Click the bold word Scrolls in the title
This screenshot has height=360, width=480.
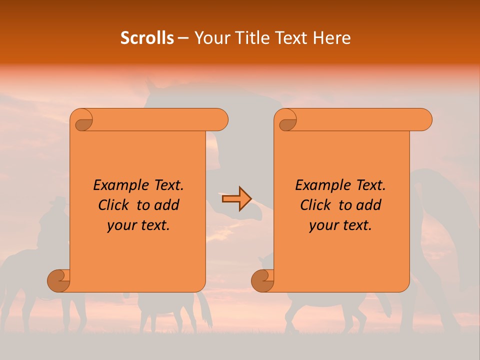[x=147, y=38]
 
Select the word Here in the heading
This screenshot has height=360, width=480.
[x=332, y=38]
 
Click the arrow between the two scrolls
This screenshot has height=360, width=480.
[x=236, y=199]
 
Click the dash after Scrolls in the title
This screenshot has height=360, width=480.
[x=183, y=38]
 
